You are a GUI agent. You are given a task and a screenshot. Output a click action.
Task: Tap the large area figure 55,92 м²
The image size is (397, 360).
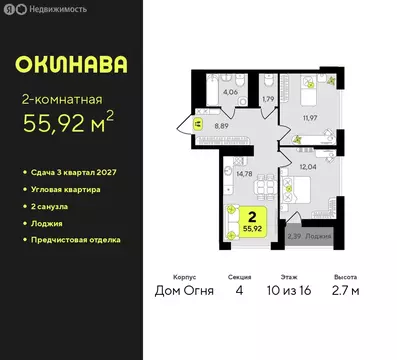point(86,126)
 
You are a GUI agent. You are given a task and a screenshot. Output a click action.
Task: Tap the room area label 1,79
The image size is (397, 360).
point(267,99)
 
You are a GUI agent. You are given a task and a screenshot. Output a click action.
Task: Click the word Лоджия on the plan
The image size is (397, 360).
point(317,237)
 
